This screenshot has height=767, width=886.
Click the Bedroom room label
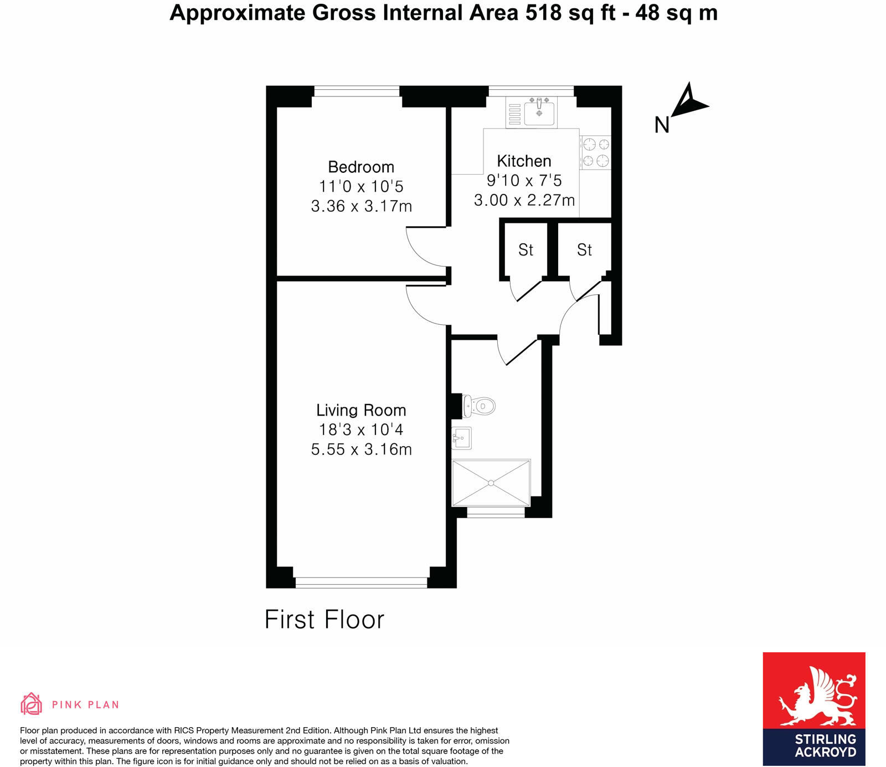pos(361,167)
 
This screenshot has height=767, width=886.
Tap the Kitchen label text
pos(524,161)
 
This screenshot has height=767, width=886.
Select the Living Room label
pos(361,410)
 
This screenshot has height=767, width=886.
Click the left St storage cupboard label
pos(526,250)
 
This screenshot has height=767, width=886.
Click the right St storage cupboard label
pos(584,250)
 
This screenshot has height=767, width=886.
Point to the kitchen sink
pos(539,113)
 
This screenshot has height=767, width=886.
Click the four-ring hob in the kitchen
pos(596,153)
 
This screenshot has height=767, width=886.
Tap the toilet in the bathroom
pos(480,406)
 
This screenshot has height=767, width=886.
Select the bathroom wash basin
pos(462,438)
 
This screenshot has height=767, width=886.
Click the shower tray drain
pos(491,483)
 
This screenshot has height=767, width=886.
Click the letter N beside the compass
pos(662,125)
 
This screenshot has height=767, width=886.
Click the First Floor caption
pos(324,620)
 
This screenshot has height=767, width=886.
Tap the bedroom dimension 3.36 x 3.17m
pos(361,206)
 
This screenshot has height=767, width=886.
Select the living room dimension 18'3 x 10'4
pos(361,429)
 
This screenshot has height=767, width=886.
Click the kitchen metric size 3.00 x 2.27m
pos(524,200)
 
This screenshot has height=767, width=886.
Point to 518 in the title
pos(543,13)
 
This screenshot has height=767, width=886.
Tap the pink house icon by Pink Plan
pos(31,704)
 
